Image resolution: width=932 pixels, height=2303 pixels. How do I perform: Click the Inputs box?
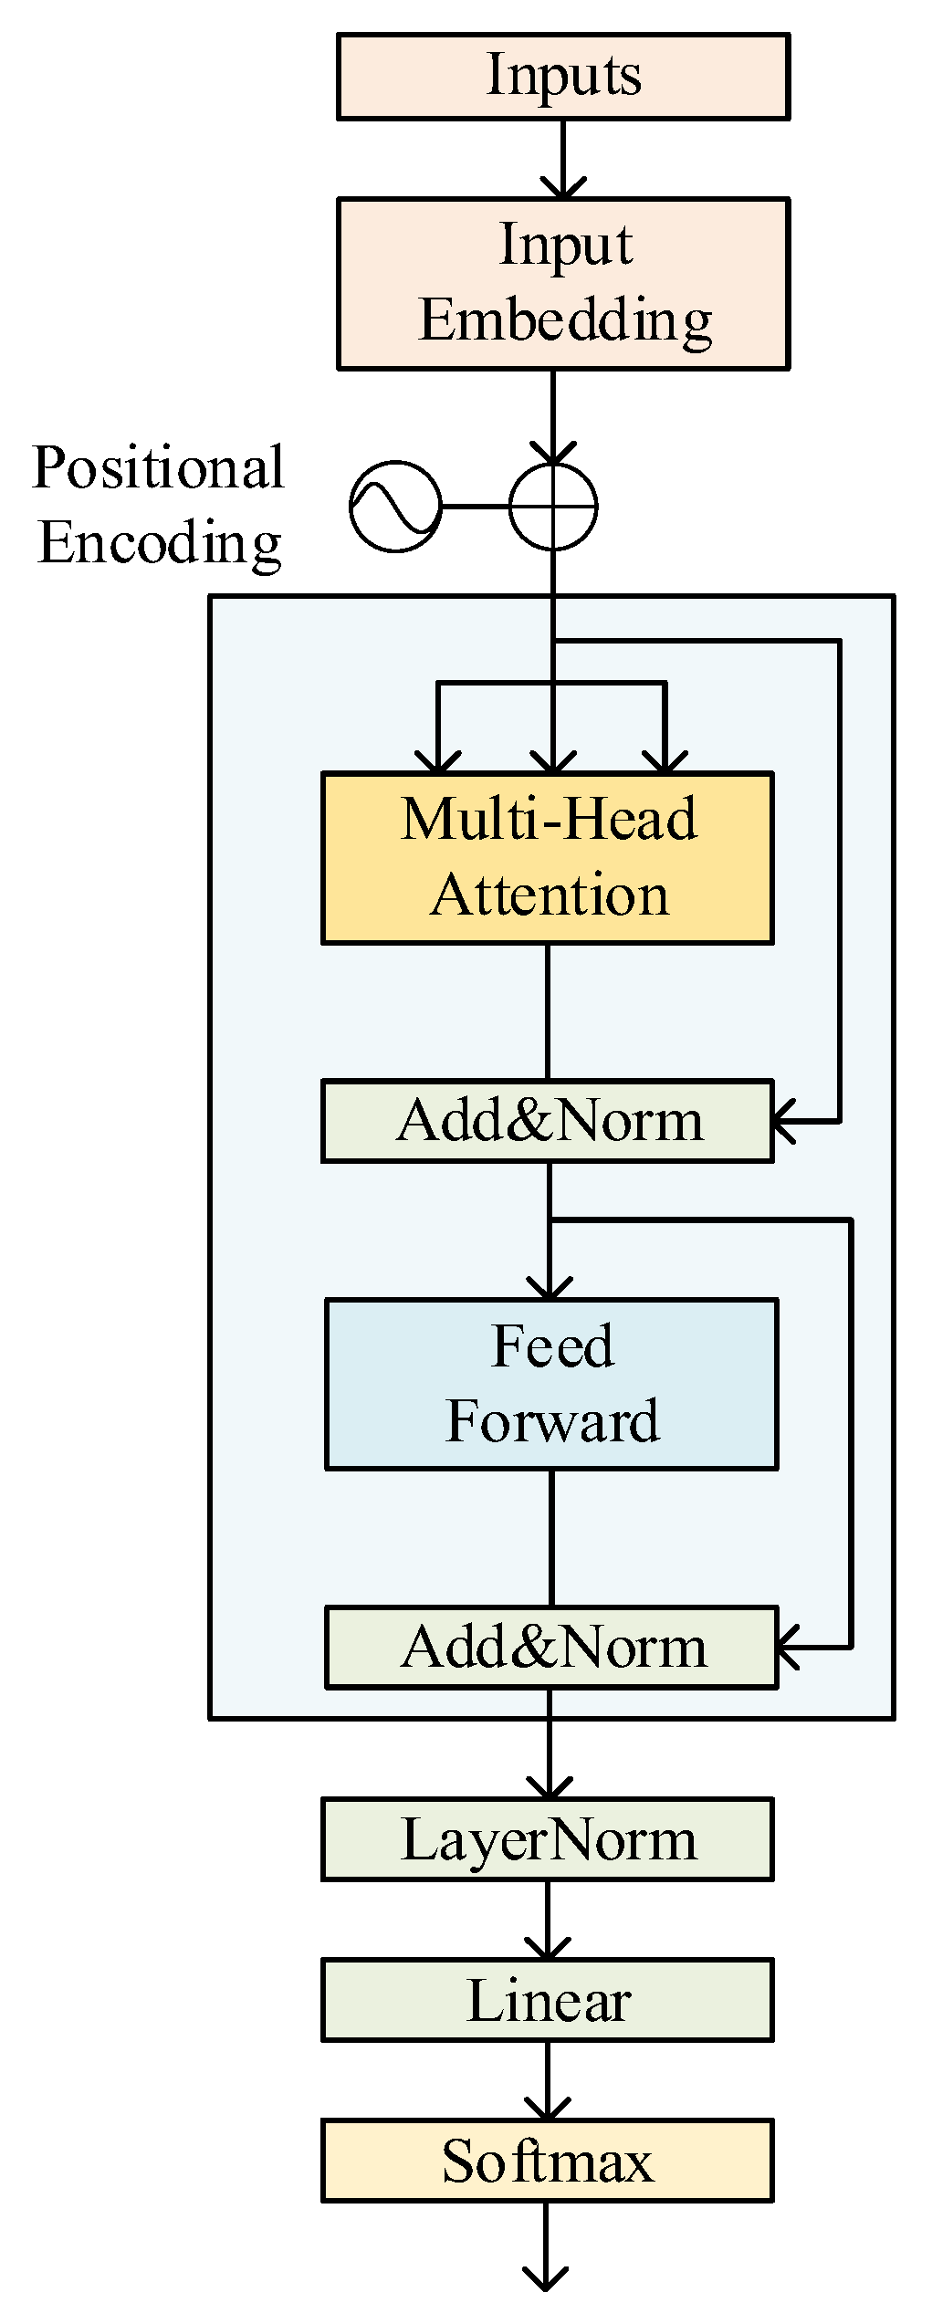[563, 77]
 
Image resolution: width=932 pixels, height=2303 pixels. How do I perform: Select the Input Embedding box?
[563, 284]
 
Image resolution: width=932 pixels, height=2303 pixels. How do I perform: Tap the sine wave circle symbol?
[395, 506]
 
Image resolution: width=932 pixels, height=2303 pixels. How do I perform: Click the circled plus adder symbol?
[553, 506]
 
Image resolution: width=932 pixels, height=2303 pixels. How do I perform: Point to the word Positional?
[158, 468]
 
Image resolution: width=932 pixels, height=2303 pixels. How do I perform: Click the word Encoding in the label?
[160, 543]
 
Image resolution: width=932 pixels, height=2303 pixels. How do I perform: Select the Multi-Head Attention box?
[548, 857]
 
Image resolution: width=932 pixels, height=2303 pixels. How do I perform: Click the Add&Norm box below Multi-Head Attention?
[548, 1121]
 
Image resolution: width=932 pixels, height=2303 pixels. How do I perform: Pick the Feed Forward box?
[551, 1384]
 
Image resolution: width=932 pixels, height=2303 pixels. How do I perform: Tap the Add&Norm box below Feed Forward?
[551, 1648]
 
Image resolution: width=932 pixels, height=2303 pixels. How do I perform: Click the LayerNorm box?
[548, 1839]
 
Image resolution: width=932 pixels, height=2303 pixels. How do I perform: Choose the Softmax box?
[548, 2161]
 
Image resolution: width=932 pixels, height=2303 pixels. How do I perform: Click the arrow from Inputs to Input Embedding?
[563, 160]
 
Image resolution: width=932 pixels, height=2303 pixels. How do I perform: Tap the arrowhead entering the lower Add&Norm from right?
[789, 1648]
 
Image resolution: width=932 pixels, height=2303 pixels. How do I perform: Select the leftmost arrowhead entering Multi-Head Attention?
[438, 761]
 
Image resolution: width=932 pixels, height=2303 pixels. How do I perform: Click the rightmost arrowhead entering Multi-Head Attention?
[665, 761]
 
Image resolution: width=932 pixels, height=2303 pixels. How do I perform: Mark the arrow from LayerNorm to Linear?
[548, 1920]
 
